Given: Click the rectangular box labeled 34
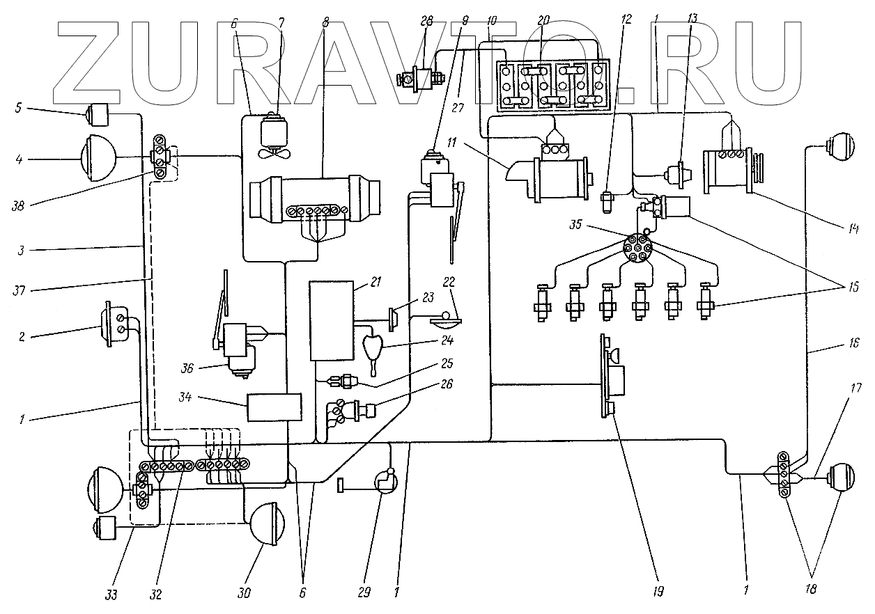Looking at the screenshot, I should point(274,407).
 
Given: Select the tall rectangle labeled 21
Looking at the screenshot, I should point(331,320).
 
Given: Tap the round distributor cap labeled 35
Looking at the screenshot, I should point(639,247).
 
